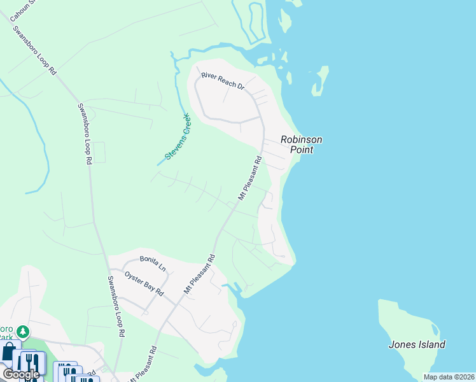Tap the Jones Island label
coord(417,344)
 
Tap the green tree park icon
coord(23,332)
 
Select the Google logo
coord(21,374)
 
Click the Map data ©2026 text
coord(449,377)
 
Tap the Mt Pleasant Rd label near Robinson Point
coord(250,179)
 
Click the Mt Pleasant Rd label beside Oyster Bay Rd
coord(200,274)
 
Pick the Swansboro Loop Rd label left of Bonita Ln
coord(115,306)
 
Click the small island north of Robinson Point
coord(321,81)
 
